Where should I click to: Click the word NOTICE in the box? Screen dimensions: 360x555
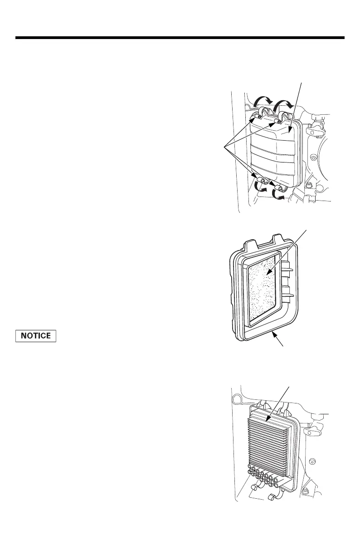coord(36,336)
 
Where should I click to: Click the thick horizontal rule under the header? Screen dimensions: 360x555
coord(180,38)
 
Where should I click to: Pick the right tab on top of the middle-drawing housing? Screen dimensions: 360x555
coord(277,238)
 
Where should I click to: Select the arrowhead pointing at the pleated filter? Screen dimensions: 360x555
coord(269,419)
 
